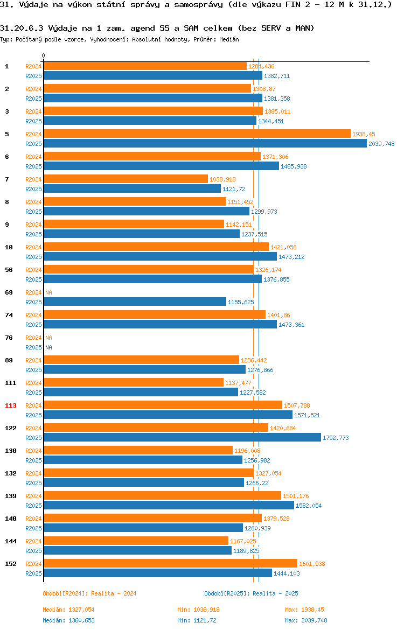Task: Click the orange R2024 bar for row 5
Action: [x=197, y=134]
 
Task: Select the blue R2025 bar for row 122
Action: [x=183, y=438]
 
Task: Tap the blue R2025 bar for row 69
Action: [x=135, y=302]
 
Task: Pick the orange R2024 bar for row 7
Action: [x=126, y=179]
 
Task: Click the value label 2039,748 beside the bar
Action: [x=381, y=144]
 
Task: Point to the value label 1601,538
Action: [x=312, y=564]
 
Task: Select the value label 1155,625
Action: [x=241, y=302]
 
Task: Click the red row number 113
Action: [x=11, y=405]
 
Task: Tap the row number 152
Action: [x=11, y=564]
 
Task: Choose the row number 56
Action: [x=9, y=270]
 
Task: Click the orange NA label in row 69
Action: [x=48, y=292]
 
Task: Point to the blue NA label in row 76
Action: [x=48, y=347]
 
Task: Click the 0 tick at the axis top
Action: [x=44, y=56]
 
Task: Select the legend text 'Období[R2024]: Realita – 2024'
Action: [x=89, y=593]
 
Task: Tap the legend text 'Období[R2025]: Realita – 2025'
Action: [x=251, y=593]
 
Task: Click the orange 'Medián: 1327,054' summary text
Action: [x=69, y=610]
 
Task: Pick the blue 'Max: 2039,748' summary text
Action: [x=306, y=620]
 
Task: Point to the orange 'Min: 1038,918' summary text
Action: [x=199, y=610]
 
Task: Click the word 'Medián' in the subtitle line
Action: [x=229, y=39]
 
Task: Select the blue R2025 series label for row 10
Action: [x=33, y=257]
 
